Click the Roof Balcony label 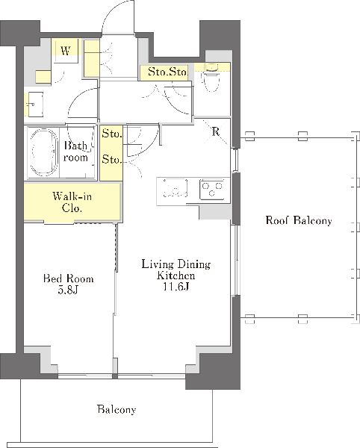299,220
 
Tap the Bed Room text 68,279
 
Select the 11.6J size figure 176,287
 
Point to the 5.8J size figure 68,290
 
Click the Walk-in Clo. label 72,202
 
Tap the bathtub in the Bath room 44,152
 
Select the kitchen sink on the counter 175,188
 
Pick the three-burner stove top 212,189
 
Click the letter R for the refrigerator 215,131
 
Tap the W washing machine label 66,51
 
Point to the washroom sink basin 34,105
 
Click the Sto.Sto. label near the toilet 167,72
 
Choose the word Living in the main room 157,264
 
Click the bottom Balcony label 117,409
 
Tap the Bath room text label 75,152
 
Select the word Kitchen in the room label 176,276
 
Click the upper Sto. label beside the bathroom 112,134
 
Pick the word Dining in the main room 193,264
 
